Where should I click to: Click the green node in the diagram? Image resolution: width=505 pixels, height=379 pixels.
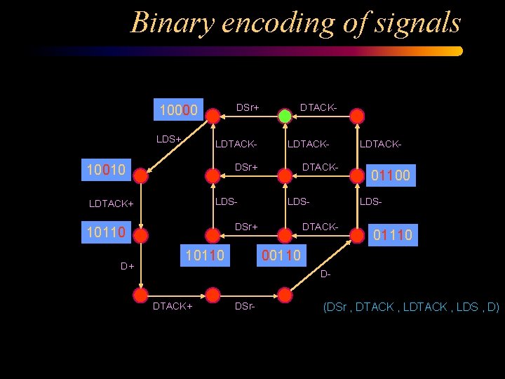pos(285,116)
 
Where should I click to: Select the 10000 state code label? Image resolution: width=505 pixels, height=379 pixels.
pos(179,110)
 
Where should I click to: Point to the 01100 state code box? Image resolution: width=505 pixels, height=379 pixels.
pos(392,173)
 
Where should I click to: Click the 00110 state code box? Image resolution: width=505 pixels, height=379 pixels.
pos(281,255)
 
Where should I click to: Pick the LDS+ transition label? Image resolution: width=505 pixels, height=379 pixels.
pos(168,139)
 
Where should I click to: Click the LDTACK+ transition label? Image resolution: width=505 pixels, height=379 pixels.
pos(111,204)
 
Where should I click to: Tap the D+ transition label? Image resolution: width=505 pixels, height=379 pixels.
pos(127,267)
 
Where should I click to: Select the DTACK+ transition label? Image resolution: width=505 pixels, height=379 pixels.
pos(173,307)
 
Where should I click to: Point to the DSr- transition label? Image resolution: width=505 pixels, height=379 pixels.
pos(245,307)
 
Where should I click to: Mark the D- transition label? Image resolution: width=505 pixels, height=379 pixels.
pos(325,274)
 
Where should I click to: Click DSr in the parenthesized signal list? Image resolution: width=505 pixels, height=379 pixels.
pos(338,307)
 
